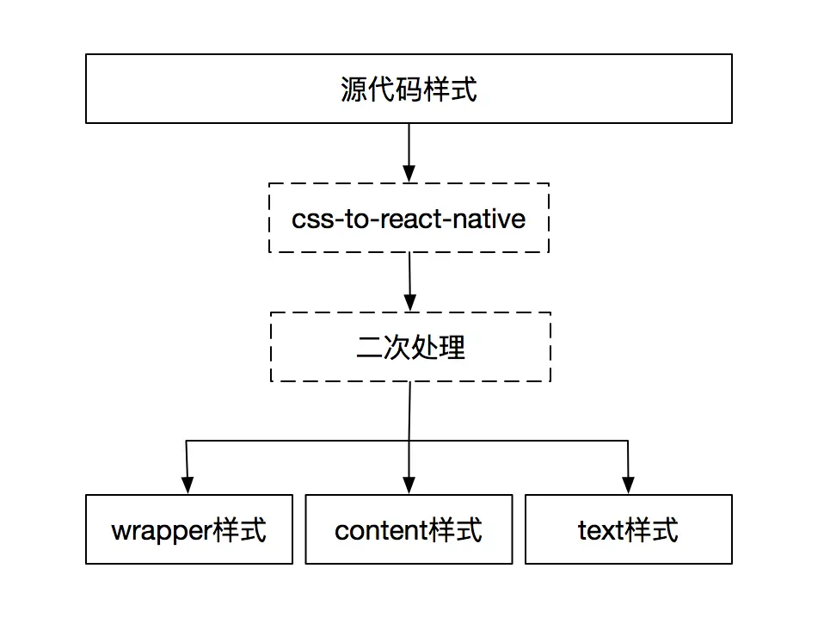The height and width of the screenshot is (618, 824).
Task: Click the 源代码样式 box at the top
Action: pos(409,89)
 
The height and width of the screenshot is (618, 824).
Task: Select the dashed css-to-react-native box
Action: pos(409,218)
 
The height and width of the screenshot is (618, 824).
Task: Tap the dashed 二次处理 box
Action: pos(410,347)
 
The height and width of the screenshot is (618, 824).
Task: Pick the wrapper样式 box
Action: pos(189,529)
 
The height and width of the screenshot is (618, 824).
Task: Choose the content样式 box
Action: pos(409,529)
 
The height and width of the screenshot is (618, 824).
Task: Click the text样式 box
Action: pos(628,529)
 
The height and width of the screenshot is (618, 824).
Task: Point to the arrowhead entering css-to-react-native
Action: pos(409,175)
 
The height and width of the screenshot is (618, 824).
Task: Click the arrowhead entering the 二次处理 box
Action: pos(410,304)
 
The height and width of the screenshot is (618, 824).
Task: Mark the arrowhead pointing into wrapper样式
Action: pos(187,486)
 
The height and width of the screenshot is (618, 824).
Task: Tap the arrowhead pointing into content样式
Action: pos(409,486)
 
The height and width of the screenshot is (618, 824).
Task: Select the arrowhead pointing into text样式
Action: pos(628,486)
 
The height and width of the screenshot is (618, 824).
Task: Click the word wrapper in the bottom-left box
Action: pos(162,530)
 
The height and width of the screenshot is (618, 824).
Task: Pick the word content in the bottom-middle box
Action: pos(381,530)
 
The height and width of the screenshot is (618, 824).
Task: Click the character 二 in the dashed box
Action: pos(368,348)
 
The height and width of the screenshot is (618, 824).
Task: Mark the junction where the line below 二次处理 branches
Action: pos(409,441)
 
